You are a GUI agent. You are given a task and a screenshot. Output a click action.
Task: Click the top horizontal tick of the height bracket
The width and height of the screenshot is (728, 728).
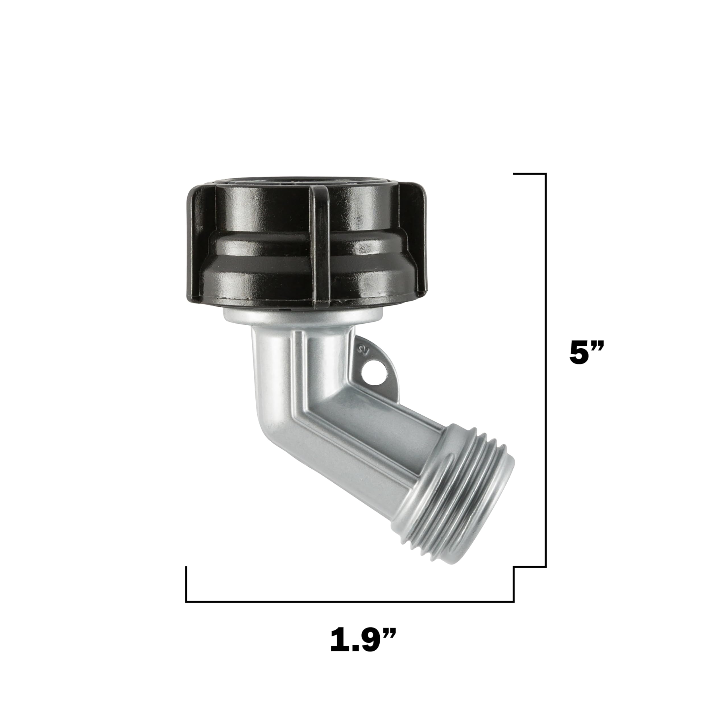pyautogui.click(x=530, y=174)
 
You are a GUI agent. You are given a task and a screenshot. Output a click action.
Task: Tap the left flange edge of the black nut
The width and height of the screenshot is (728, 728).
pyautogui.click(x=192, y=245)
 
